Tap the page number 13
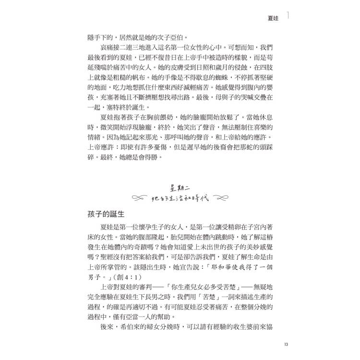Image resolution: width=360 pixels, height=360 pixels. click(x=286, y=344)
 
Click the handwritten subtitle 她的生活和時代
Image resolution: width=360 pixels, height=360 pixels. click(x=180, y=198)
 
